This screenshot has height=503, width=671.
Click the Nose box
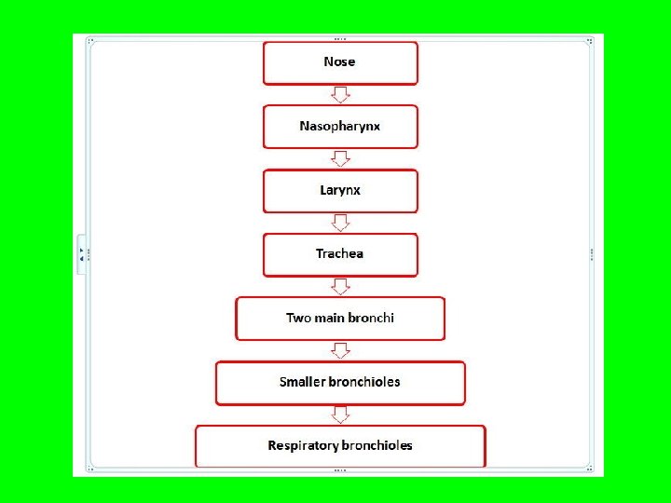tap(340, 62)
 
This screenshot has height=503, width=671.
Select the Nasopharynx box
tap(340, 126)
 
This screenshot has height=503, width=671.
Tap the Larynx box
tap(340, 190)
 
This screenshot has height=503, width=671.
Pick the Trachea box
tap(340, 254)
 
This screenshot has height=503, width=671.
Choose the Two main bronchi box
tap(340, 319)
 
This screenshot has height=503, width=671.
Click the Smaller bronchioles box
tap(340, 383)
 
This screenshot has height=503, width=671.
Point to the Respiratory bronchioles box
tap(340, 446)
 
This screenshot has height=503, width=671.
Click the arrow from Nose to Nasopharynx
tap(340, 94)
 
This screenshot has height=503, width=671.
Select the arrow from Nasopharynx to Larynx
tap(340, 158)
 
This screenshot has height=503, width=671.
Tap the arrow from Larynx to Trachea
tap(340, 223)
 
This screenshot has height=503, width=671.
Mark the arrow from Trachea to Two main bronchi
tap(340, 286)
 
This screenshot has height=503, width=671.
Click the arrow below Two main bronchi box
tap(340, 350)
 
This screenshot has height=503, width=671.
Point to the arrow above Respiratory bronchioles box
tap(340, 415)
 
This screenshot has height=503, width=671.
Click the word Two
tap(298, 319)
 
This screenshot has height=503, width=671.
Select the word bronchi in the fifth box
tap(372, 319)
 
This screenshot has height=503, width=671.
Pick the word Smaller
tap(302, 383)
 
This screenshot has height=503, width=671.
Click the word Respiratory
tap(302, 446)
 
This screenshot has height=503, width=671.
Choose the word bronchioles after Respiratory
tap(377, 446)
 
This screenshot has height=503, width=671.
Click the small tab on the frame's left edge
tap(81, 253)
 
